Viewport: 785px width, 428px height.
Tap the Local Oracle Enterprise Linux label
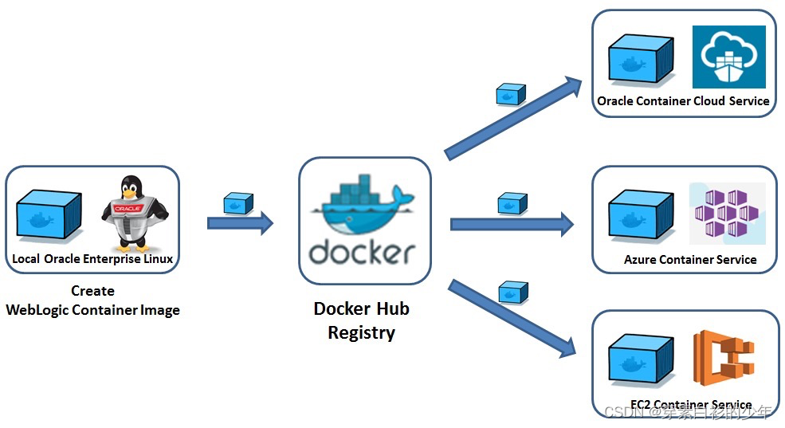tap(92, 259)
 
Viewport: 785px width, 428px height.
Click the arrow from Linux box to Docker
tap(240, 222)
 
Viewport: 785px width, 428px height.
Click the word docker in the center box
tap(363, 250)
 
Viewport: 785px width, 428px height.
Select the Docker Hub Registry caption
tap(361, 320)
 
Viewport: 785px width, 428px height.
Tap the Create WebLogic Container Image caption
tap(92, 301)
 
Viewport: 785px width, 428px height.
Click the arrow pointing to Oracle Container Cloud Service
tap(514, 116)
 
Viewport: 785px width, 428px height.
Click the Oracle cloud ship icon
tap(728, 57)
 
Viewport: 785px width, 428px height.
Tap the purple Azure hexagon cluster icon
tap(726, 214)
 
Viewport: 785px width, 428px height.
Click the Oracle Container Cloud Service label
tap(683, 101)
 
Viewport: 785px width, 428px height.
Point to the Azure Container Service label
tap(690, 260)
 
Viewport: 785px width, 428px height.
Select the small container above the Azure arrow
tap(512, 203)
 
